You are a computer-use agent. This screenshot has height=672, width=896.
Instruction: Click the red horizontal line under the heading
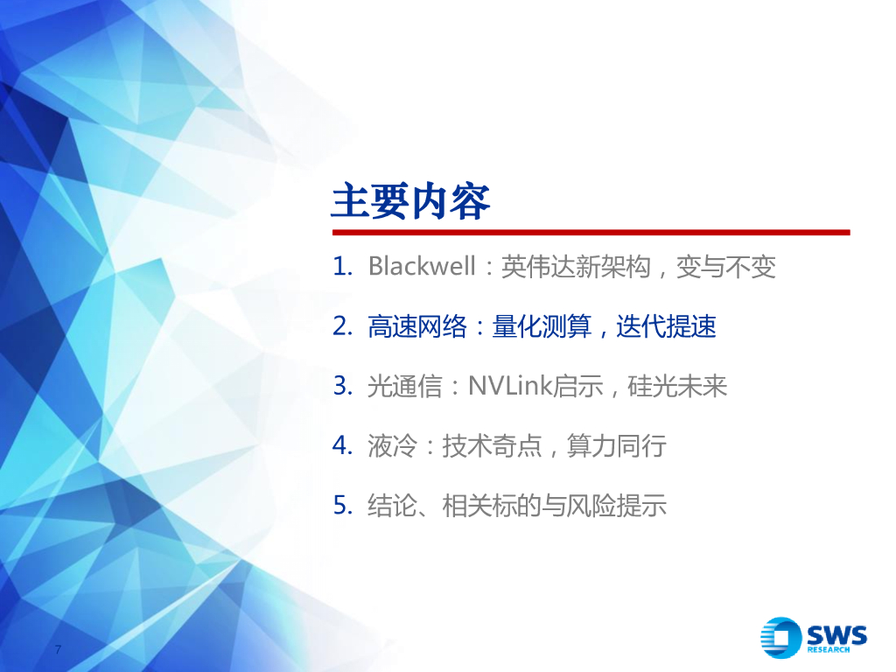point(591,233)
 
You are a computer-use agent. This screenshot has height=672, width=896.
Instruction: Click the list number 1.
point(341,266)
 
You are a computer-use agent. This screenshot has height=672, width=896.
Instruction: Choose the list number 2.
point(341,326)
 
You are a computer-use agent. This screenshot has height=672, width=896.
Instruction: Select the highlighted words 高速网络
point(404,326)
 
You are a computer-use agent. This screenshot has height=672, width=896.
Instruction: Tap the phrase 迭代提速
point(667,326)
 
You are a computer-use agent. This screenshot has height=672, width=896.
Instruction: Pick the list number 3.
point(341,386)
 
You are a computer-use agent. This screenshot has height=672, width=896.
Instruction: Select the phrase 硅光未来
point(678,386)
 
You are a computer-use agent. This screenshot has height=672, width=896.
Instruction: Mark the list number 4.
point(341,445)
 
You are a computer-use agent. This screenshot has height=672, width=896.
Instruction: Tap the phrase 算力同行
point(617,445)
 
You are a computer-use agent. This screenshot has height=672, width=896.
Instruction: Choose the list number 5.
point(341,505)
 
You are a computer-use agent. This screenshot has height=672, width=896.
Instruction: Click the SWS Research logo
point(813,636)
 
